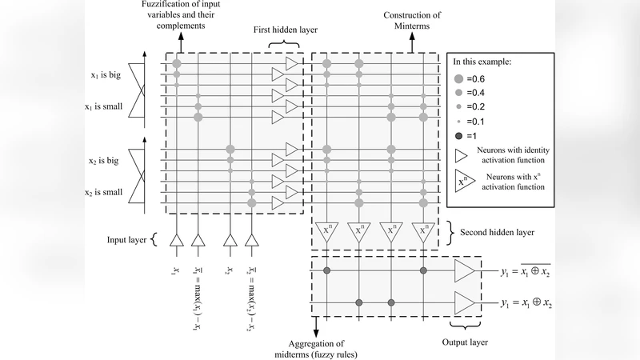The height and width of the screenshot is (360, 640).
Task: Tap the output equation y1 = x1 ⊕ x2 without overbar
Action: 526,303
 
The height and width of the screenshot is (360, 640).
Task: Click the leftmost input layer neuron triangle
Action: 177,240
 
